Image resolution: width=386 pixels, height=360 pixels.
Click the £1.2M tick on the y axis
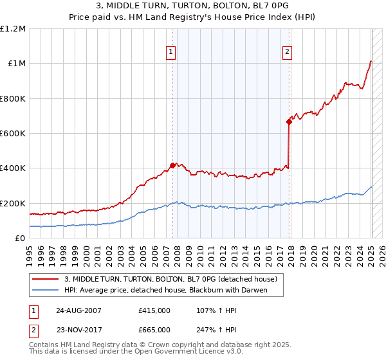(14, 29)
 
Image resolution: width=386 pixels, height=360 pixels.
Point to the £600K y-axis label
(13, 134)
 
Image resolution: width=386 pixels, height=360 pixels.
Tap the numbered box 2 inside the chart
(287, 53)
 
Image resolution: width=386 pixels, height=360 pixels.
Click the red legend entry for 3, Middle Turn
(170, 279)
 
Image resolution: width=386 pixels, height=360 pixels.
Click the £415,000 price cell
(154, 310)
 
